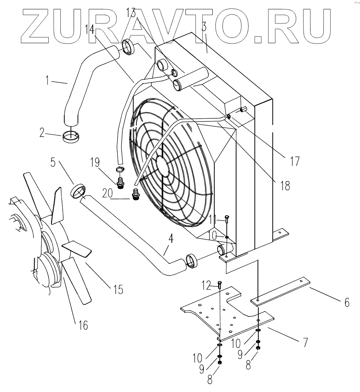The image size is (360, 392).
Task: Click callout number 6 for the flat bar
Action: (346, 302)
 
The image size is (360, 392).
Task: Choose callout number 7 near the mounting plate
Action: (305, 342)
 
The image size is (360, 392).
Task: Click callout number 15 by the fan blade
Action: (118, 289)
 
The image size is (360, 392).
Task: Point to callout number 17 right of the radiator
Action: (295, 160)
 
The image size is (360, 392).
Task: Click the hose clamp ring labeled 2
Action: (71, 137)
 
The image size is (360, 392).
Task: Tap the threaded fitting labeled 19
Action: (120, 181)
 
